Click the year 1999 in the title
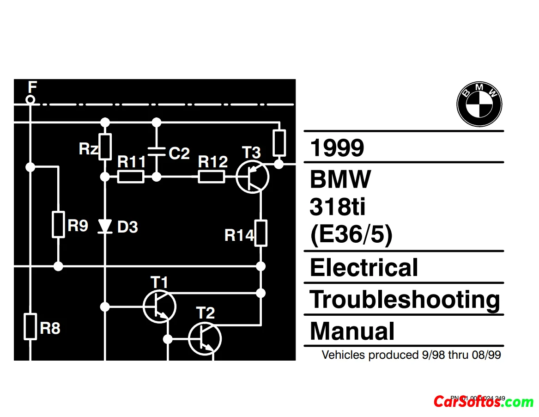337,148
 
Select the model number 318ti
337,207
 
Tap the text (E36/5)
351,235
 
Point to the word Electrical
364,268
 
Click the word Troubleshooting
405,300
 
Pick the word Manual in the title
352,331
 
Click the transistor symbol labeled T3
252,177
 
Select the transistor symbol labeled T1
159,306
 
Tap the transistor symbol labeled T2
205,339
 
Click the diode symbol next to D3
105,226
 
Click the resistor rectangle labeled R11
131,177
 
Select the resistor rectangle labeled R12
212,177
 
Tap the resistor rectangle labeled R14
261,233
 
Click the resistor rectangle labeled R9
58,225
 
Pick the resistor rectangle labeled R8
30,326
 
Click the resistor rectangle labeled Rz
105,147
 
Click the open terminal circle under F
30,99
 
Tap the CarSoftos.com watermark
483,401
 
